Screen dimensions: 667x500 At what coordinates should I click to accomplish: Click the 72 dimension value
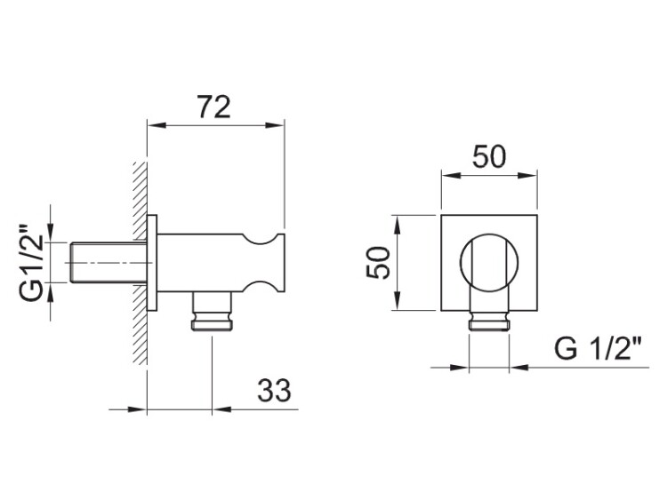[214, 107]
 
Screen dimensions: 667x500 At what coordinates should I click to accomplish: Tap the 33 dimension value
[275, 391]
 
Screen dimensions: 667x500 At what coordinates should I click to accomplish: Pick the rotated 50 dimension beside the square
[378, 263]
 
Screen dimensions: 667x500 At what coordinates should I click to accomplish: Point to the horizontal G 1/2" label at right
[598, 349]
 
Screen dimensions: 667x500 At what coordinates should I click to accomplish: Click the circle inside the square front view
[489, 263]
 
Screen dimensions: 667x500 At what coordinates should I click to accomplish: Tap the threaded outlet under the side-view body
[213, 312]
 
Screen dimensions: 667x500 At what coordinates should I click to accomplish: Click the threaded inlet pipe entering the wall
[108, 263]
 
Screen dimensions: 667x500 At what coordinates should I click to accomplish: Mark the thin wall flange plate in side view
[152, 264]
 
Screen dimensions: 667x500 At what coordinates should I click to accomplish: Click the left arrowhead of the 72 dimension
[156, 125]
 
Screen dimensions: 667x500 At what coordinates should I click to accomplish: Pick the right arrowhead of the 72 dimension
[275, 125]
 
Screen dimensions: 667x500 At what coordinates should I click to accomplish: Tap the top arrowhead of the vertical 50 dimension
[397, 225]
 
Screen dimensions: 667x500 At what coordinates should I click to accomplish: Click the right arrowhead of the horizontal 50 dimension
[528, 175]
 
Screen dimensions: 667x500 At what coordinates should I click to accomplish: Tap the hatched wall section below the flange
[140, 324]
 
